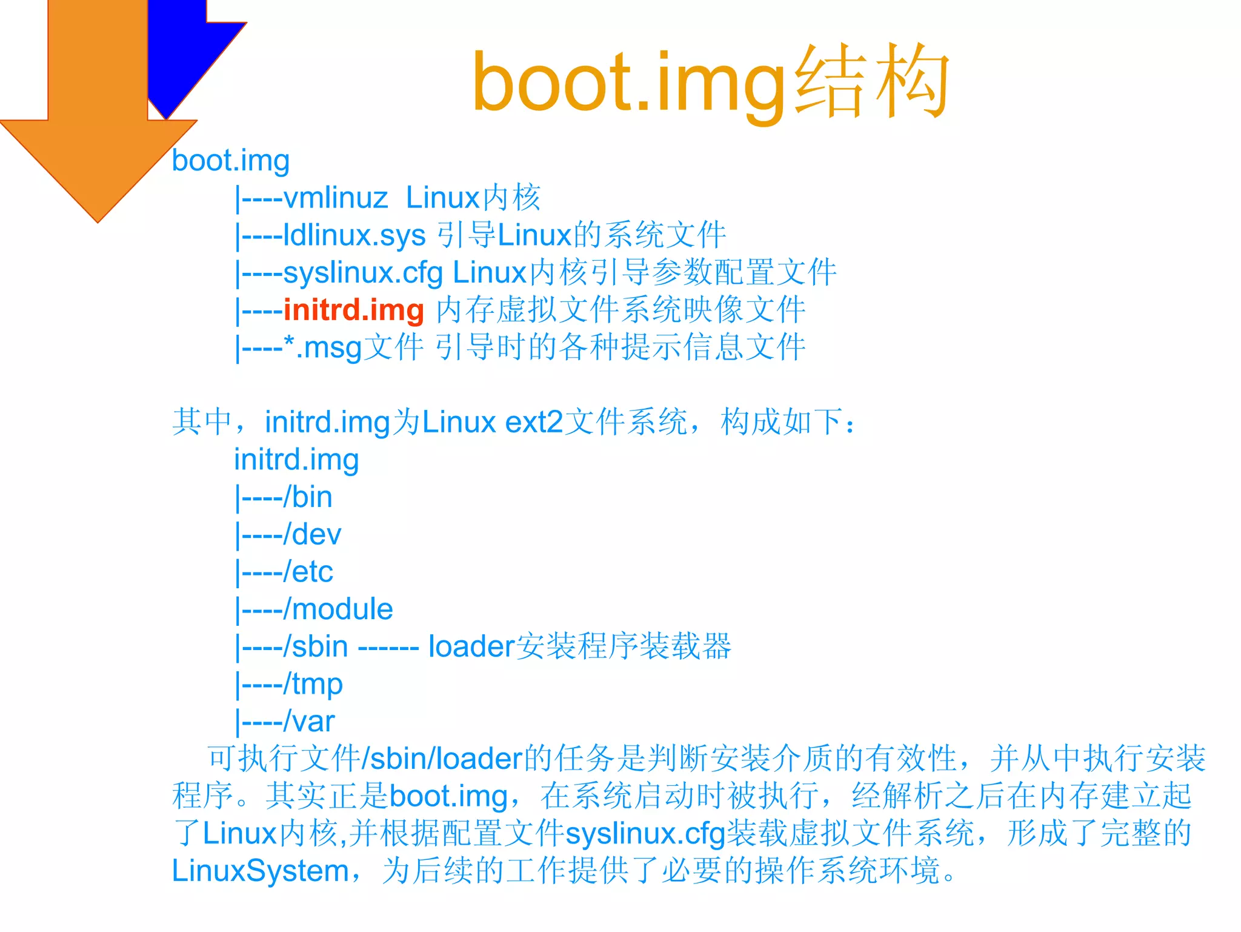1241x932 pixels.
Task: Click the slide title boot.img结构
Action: [710, 82]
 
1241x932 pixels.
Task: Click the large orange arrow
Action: [97, 121]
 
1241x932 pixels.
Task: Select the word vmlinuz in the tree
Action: [335, 198]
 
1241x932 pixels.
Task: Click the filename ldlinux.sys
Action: [354, 235]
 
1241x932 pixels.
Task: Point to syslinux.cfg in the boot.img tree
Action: [362, 272]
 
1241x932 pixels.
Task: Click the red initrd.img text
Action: [353, 310]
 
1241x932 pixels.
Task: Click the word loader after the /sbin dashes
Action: [471, 646]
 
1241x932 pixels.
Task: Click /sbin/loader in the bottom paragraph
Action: [442, 759]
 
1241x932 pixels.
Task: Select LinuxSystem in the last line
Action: [260, 871]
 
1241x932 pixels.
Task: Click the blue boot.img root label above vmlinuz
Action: [231, 161]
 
